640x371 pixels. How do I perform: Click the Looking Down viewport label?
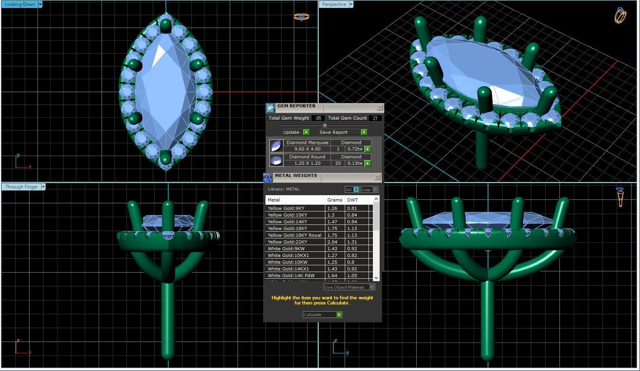coord(19,4)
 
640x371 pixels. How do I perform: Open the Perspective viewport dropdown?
coord(351,4)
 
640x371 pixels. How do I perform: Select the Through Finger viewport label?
coord(21,187)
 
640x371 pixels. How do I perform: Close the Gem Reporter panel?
coord(380,108)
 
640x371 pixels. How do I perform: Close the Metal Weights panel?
coord(377,177)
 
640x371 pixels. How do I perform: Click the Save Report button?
coord(333,132)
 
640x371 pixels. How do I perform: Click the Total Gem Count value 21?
coord(374,118)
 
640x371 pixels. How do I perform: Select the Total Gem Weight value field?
coord(318,118)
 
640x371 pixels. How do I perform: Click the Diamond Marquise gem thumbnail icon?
coord(276,146)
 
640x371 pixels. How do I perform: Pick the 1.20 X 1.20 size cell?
coord(307,163)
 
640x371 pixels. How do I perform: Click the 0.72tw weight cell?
coord(354,149)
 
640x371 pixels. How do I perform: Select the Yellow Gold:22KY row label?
coord(287,242)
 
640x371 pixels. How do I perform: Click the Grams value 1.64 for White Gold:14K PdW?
coord(332,276)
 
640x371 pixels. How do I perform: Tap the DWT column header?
coord(352,200)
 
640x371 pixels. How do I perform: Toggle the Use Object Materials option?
coord(372,287)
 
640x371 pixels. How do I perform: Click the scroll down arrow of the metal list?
coord(376,278)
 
